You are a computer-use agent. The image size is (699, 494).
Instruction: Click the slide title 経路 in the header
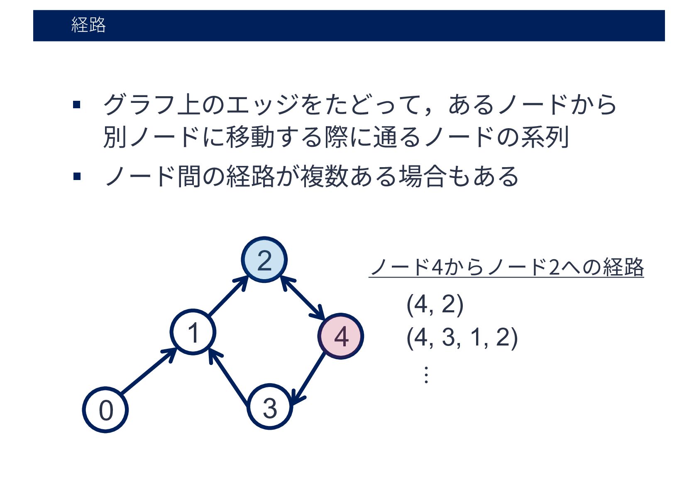88,25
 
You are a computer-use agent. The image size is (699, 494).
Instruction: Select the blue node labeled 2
264,260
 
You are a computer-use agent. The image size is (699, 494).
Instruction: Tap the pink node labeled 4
341,336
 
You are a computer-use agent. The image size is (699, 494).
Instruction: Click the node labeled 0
105,410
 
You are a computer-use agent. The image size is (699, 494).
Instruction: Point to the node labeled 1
193,332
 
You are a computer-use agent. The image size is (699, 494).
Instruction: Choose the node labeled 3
270,407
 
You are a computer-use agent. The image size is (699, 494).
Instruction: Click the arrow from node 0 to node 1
148,371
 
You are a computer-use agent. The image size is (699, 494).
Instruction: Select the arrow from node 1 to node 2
227,297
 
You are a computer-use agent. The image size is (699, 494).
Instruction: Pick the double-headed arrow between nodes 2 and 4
303,298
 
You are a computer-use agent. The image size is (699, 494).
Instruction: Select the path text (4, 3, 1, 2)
462,337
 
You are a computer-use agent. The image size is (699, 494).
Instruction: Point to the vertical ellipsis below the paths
426,375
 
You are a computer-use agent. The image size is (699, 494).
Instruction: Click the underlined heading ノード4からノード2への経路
506,267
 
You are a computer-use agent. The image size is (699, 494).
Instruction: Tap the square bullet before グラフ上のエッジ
76,104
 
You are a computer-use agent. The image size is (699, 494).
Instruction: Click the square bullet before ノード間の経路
76,177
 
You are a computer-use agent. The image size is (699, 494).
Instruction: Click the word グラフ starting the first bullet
139,105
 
